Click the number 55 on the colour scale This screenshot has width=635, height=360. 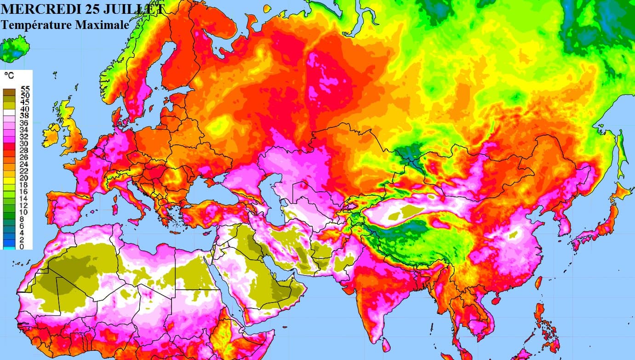point(25,89)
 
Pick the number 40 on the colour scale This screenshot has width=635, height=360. point(25,109)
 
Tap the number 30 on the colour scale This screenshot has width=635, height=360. point(25,143)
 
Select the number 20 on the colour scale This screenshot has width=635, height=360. point(25,178)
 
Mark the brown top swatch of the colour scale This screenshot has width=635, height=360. point(9,92)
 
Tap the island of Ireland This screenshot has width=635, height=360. point(50,135)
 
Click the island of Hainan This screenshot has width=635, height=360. point(496,300)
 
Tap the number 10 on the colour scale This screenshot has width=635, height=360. point(25,212)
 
